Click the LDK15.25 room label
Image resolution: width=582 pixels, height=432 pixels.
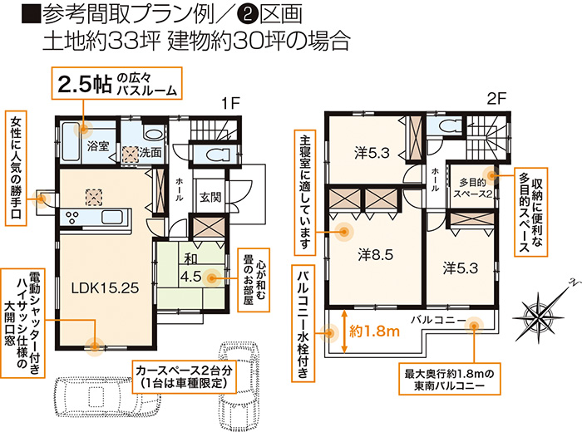tap(105, 288)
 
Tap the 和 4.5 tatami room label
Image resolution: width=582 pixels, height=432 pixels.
tap(190, 268)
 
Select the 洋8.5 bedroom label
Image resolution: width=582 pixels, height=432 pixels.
tap(376, 255)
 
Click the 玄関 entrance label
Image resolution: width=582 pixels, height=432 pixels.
tap(210, 197)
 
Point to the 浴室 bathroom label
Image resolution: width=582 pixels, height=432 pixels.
tap(98, 146)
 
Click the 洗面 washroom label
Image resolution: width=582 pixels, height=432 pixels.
tap(150, 152)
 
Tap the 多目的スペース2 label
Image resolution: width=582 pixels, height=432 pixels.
tap(473, 188)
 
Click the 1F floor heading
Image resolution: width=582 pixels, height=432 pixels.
tap(231, 104)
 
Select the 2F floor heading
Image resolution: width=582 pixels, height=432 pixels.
tap(496, 99)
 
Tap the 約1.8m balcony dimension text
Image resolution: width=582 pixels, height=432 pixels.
tap(374, 331)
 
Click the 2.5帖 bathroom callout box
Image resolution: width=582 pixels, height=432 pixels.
tap(116, 83)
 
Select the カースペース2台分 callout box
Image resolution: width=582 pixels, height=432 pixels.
tap(185, 376)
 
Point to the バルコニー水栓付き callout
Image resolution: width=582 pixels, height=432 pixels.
tap(303, 323)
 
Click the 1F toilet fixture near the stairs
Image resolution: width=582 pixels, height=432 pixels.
tap(215, 155)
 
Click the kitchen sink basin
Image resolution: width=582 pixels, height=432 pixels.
tap(111, 217)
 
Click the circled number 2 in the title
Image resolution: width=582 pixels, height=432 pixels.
tap(246, 14)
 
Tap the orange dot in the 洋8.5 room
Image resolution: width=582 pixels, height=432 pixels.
tap(343, 232)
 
